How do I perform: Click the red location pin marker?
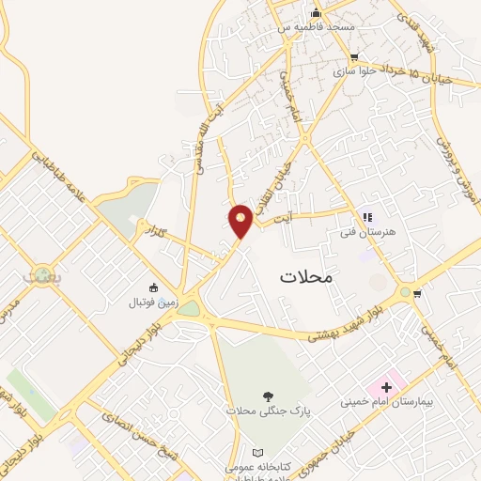click(x=241, y=221)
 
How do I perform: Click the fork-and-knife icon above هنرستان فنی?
click(x=366, y=217)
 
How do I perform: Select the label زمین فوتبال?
click(x=152, y=303)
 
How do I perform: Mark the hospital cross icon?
click(x=386, y=387)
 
